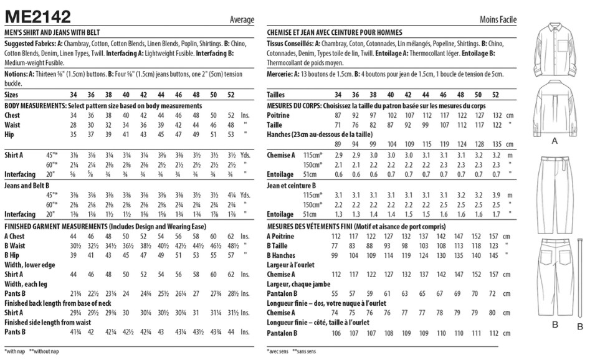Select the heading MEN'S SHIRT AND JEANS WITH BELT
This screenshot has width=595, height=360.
pos(52,32)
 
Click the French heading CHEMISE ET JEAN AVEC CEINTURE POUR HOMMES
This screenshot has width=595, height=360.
pos(334,32)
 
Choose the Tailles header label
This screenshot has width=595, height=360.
pos(277,95)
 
